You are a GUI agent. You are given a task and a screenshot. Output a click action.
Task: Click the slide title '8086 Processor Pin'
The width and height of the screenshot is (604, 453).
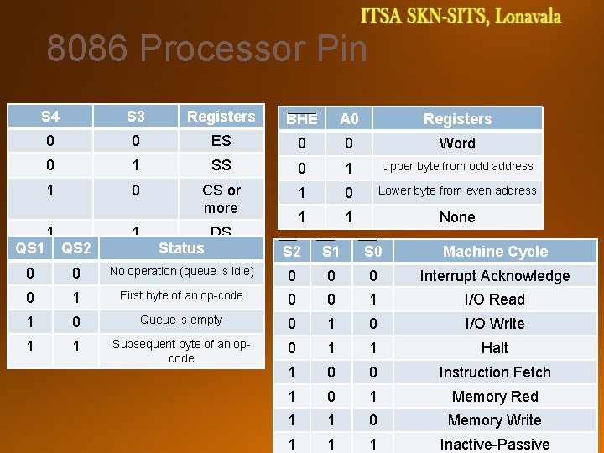coord(206,49)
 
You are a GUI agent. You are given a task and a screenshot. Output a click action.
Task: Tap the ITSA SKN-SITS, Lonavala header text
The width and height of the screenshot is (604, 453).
coord(461,16)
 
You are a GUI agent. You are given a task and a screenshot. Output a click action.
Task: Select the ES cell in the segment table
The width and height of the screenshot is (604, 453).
coord(221,140)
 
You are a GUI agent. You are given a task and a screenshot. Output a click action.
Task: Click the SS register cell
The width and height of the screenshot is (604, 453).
coord(221,165)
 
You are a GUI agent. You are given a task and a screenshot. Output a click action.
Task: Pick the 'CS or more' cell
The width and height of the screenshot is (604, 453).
coord(221,199)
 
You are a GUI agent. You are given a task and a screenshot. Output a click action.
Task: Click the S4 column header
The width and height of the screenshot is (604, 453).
coord(50,116)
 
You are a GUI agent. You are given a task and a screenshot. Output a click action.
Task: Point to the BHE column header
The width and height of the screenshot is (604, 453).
coord(301,119)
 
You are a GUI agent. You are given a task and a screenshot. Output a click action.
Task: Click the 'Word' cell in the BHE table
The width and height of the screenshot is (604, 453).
coord(457,143)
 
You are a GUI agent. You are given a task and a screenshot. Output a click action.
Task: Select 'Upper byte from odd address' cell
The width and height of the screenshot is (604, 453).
coord(457,166)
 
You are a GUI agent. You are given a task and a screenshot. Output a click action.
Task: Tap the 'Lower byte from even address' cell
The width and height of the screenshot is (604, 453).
coord(457,190)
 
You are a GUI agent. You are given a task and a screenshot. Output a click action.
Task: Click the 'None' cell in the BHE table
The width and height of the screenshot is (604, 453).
coord(457,216)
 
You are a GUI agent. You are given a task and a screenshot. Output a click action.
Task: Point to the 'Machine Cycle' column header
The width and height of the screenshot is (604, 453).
coord(495,252)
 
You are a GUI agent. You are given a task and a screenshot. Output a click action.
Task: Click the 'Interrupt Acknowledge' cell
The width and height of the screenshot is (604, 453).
coord(495,276)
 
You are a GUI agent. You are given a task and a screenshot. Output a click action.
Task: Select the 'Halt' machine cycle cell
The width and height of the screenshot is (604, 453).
coord(495,348)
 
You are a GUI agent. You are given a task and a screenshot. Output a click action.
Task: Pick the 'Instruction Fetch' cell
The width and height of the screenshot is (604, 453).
coord(495,372)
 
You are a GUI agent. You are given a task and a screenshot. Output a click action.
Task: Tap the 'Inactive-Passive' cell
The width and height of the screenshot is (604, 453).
coord(495,444)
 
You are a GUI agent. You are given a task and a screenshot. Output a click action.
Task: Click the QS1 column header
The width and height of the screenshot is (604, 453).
coord(30,248)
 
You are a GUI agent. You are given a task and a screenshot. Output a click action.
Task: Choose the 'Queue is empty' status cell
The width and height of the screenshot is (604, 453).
coord(181,320)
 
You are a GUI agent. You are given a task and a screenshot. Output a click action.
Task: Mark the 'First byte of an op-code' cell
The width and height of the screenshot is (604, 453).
coord(181,295)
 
